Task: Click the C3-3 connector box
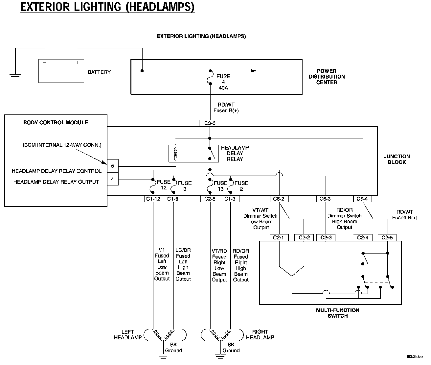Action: pos(210,123)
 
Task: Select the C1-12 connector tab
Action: pos(153,199)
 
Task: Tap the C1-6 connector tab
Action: pos(172,199)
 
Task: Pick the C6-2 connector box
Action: pos(279,199)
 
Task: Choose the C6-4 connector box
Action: pos(362,199)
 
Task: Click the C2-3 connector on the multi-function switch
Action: pos(326,238)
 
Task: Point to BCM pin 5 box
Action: pos(113,166)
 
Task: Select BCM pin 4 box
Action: pos(113,180)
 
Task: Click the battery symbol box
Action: pos(61,71)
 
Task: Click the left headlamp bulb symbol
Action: pos(163,335)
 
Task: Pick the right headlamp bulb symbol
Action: pos(221,335)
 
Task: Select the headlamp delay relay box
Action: pos(194,153)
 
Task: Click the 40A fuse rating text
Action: pos(223,88)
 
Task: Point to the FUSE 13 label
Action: pos(220,186)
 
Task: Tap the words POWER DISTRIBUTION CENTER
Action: pos(327,77)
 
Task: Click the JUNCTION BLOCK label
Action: pos(397,159)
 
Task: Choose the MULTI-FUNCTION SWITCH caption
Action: pos(337,313)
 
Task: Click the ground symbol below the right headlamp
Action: pos(221,355)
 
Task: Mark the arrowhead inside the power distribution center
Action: pos(253,71)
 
